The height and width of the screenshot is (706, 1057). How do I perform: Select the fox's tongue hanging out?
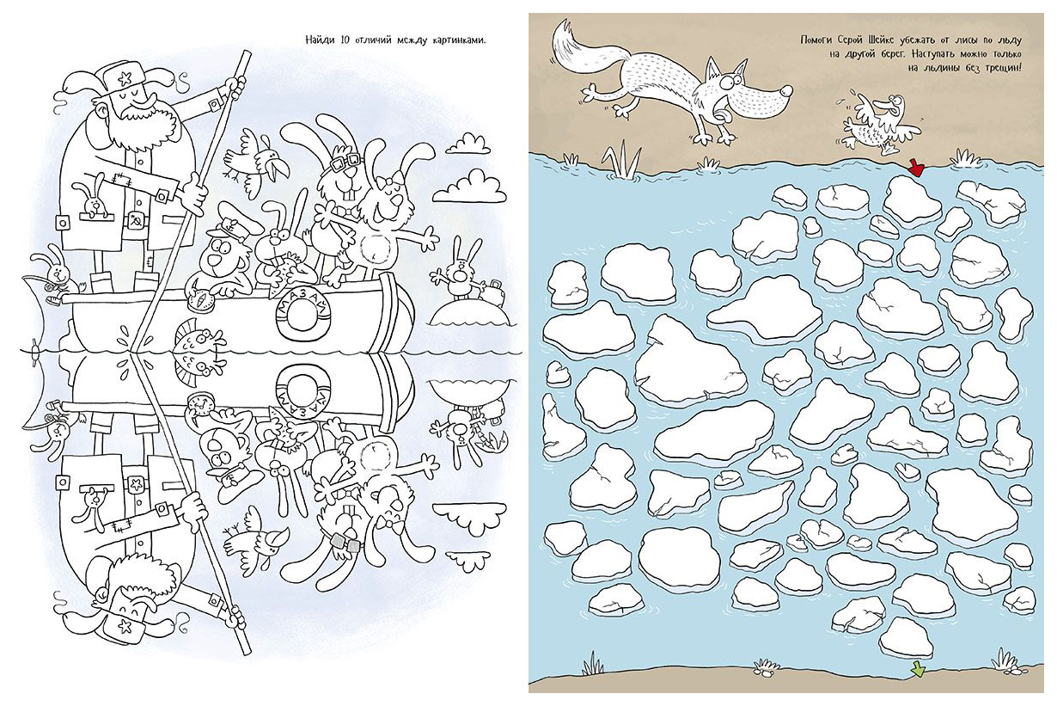click(720, 113)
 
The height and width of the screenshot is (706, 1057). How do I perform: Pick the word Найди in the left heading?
click(321, 40)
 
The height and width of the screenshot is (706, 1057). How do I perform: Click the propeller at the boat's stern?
click(35, 350)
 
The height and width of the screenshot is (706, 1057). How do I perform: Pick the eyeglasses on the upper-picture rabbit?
click(345, 162)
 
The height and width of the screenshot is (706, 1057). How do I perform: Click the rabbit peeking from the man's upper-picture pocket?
click(92, 200)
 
